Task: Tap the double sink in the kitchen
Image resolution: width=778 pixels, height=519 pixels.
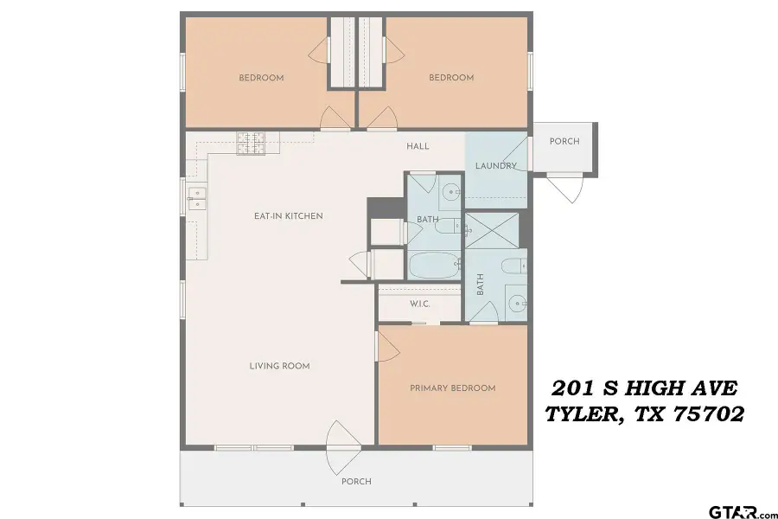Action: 195,200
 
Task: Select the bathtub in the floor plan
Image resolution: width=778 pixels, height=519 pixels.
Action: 435,265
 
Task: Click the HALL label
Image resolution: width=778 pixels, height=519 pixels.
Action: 418,146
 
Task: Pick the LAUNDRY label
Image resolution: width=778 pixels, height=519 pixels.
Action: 495,166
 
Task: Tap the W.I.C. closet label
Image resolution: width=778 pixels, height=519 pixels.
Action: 419,304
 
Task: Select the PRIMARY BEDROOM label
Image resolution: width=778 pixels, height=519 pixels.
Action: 452,388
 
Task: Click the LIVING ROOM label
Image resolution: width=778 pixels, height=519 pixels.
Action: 279,366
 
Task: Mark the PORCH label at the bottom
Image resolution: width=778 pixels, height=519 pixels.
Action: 356,482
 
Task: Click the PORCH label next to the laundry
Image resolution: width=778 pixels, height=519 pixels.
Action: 564,142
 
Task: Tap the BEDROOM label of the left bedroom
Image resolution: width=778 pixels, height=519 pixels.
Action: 261,78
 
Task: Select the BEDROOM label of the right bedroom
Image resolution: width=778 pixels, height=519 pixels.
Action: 451,78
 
